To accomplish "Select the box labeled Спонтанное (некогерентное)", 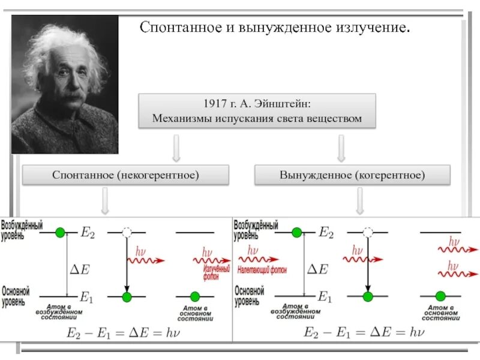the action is pyautogui.click(x=126, y=175).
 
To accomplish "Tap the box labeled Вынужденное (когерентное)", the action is pyautogui.click(x=352, y=175).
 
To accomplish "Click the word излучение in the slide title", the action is pyautogui.click(x=373, y=28).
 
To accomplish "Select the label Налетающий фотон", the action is pyautogui.click(x=263, y=269).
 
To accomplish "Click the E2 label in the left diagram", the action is pyautogui.click(x=88, y=233).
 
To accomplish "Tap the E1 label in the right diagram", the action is pyautogui.click(x=325, y=296).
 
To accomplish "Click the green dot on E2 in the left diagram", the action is pyautogui.click(x=59, y=232).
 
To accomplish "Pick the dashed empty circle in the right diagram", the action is pyautogui.click(x=368, y=232).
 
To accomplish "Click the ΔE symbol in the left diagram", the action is pyautogui.click(x=80, y=269).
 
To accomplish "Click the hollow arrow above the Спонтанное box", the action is pyautogui.click(x=176, y=148).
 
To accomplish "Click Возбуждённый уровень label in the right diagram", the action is pyautogui.click(x=256, y=230).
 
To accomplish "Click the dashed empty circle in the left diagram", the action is pyautogui.click(x=126, y=232).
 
